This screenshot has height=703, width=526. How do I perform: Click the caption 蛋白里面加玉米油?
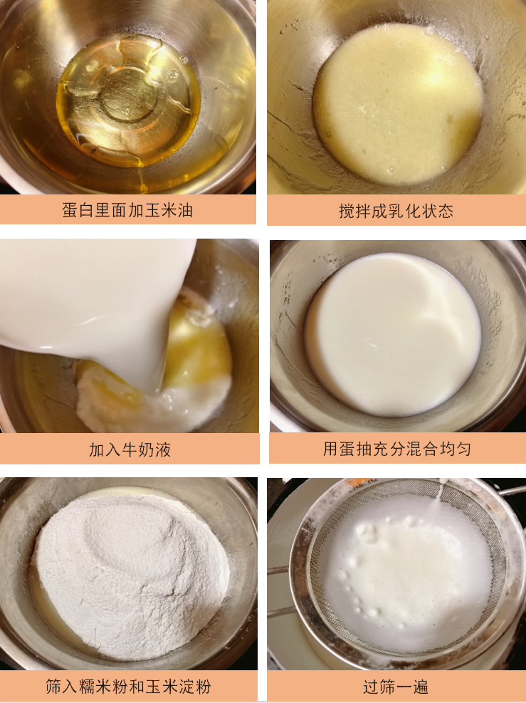coord(127,211)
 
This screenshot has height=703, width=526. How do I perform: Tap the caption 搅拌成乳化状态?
coord(396,211)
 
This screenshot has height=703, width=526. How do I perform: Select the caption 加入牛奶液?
coord(130,449)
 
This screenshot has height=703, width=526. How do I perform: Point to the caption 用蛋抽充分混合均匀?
coord(397,449)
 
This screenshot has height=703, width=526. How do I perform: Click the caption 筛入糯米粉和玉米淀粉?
coord(128,687)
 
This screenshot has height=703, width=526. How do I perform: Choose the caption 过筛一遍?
coord(396,687)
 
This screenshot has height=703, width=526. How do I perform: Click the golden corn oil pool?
coord(128,100)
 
